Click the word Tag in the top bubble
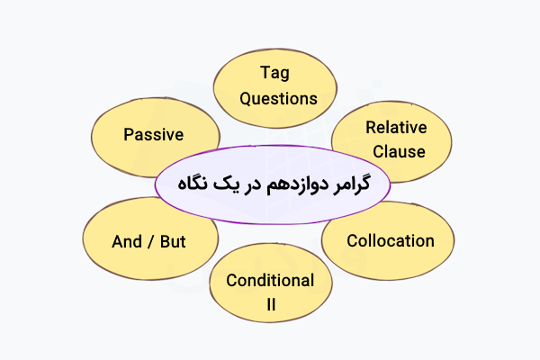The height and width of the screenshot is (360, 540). click(x=276, y=71)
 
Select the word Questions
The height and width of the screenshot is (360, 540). click(x=276, y=97)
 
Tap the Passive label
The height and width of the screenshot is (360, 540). click(x=153, y=135)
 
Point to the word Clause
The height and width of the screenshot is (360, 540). click(x=396, y=151)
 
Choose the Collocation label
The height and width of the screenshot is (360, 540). click(x=391, y=240)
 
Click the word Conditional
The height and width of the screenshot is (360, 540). click(x=270, y=280)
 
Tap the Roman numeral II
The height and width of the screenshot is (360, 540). click(x=270, y=305)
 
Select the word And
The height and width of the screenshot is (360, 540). click(x=128, y=243)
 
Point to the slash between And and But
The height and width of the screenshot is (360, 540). click(x=151, y=243)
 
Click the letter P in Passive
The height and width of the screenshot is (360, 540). click(x=128, y=135)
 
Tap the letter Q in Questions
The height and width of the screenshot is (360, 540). click(x=244, y=97)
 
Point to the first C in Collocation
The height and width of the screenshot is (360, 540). click(x=352, y=240)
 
